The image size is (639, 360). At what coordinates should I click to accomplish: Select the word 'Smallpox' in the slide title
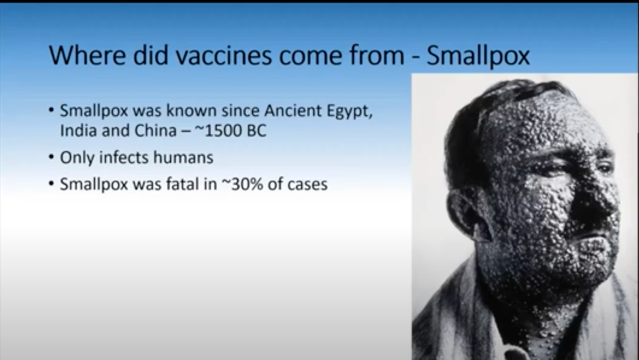(x=478, y=57)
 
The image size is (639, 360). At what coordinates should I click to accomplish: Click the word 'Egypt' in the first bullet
(x=350, y=111)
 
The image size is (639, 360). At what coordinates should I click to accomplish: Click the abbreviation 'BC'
(x=257, y=130)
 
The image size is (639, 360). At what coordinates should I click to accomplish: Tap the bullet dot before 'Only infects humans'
(x=51, y=157)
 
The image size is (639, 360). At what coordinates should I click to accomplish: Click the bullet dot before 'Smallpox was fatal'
(x=51, y=184)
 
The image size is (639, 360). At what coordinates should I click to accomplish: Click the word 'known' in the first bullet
(x=192, y=110)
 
